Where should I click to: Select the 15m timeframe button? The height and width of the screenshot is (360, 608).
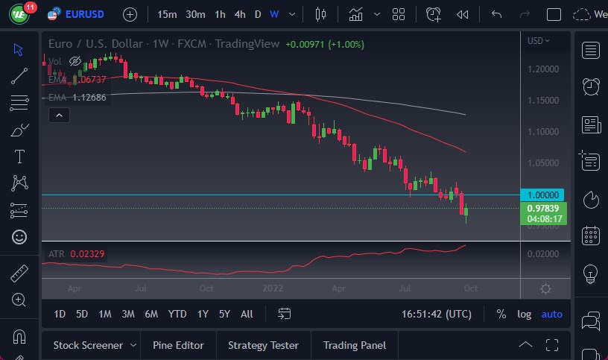click(x=167, y=14)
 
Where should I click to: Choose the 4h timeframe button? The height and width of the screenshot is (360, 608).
click(x=239, y=14)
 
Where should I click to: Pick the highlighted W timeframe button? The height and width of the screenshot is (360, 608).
click(x=274, y=14)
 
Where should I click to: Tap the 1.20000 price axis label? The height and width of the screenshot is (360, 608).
click(x=542, y=69)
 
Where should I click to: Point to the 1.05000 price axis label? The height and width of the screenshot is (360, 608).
click(x=542, y=163)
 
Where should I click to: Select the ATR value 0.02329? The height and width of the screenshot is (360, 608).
click(x=87, y=254)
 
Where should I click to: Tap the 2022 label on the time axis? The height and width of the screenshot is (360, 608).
click(x=273, y=288)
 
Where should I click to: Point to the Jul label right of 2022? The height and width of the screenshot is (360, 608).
click(x=407, y=288)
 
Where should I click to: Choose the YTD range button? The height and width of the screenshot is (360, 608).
click(x=177, y=314)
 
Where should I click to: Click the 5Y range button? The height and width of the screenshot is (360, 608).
click(x=224, y=314)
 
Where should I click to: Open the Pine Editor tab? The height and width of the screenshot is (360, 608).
click(x=178, y=345)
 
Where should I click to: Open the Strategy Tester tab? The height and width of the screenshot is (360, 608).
click(x=263, y=345)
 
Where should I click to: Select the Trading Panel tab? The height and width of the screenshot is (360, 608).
click(x=355, y=345)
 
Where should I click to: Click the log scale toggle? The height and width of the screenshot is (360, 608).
click(x=525, y=314)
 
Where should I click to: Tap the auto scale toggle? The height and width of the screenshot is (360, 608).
click(x=552, y=314)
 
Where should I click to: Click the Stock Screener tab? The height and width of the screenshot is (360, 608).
click(x=87, y=345)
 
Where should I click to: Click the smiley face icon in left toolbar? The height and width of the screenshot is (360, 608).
click(x=19, y=237)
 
